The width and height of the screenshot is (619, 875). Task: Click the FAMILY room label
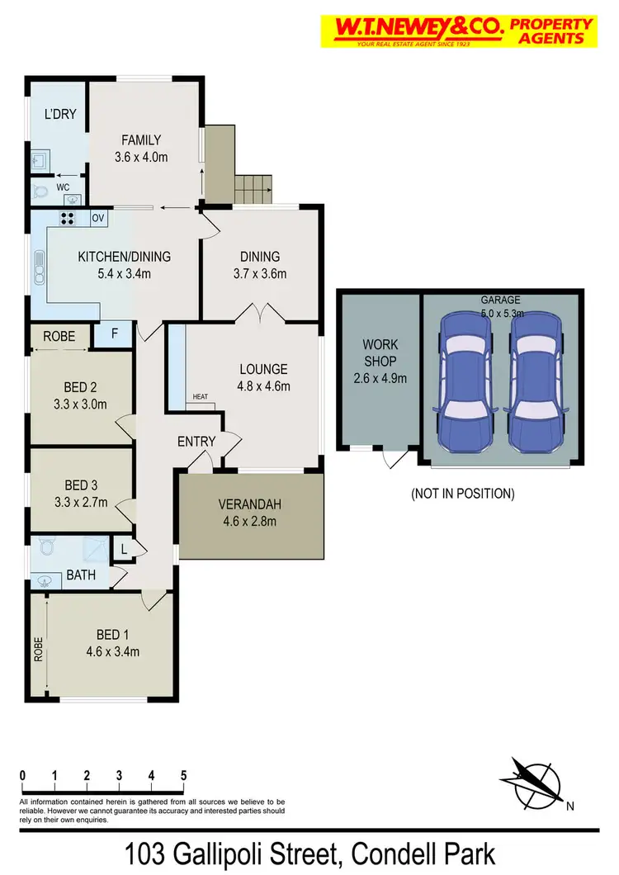click(141, 140)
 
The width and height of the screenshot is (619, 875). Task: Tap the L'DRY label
click(60, 114)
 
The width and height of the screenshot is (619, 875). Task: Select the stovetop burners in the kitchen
click(68, 219)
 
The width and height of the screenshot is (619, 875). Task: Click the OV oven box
click(97, 219)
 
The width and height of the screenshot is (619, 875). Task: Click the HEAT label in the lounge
click(201, 397)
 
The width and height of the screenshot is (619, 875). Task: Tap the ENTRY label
click(196, 442)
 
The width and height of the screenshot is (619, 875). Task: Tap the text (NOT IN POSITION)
click(462, 494)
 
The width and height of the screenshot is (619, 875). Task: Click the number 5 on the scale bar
click(183, 776)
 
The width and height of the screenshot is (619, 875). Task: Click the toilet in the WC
click(42, 192)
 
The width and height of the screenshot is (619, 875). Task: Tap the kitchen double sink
click(39, 266)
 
